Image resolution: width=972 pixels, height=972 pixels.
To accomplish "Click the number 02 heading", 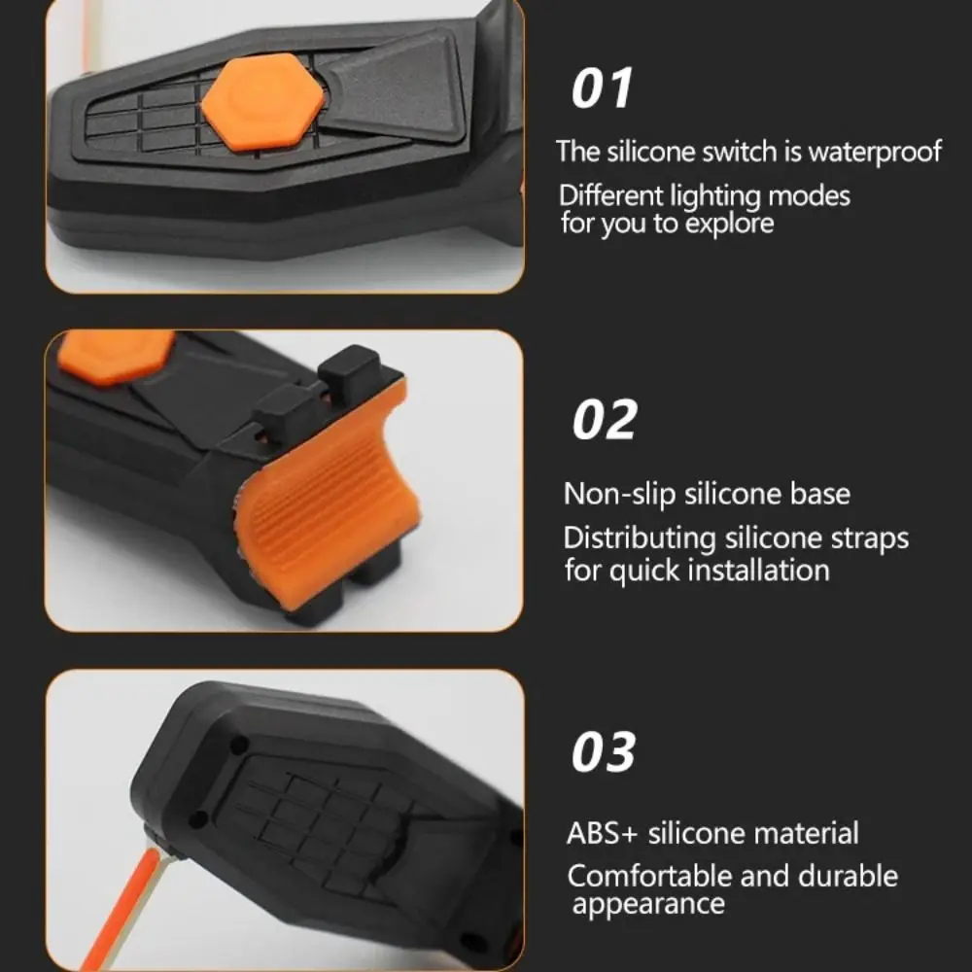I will click(x=605, y=420).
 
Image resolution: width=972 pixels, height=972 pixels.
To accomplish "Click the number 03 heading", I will click(x=604, y=752).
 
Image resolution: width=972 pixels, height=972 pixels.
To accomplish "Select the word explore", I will click(x=730, y=224).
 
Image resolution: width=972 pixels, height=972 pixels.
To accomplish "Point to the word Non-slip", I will click(x=619, y=494).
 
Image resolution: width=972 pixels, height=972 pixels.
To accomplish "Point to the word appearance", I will click(x=648, y=905).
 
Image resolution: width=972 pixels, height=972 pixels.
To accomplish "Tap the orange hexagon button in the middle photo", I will click(x=115, y=354).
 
